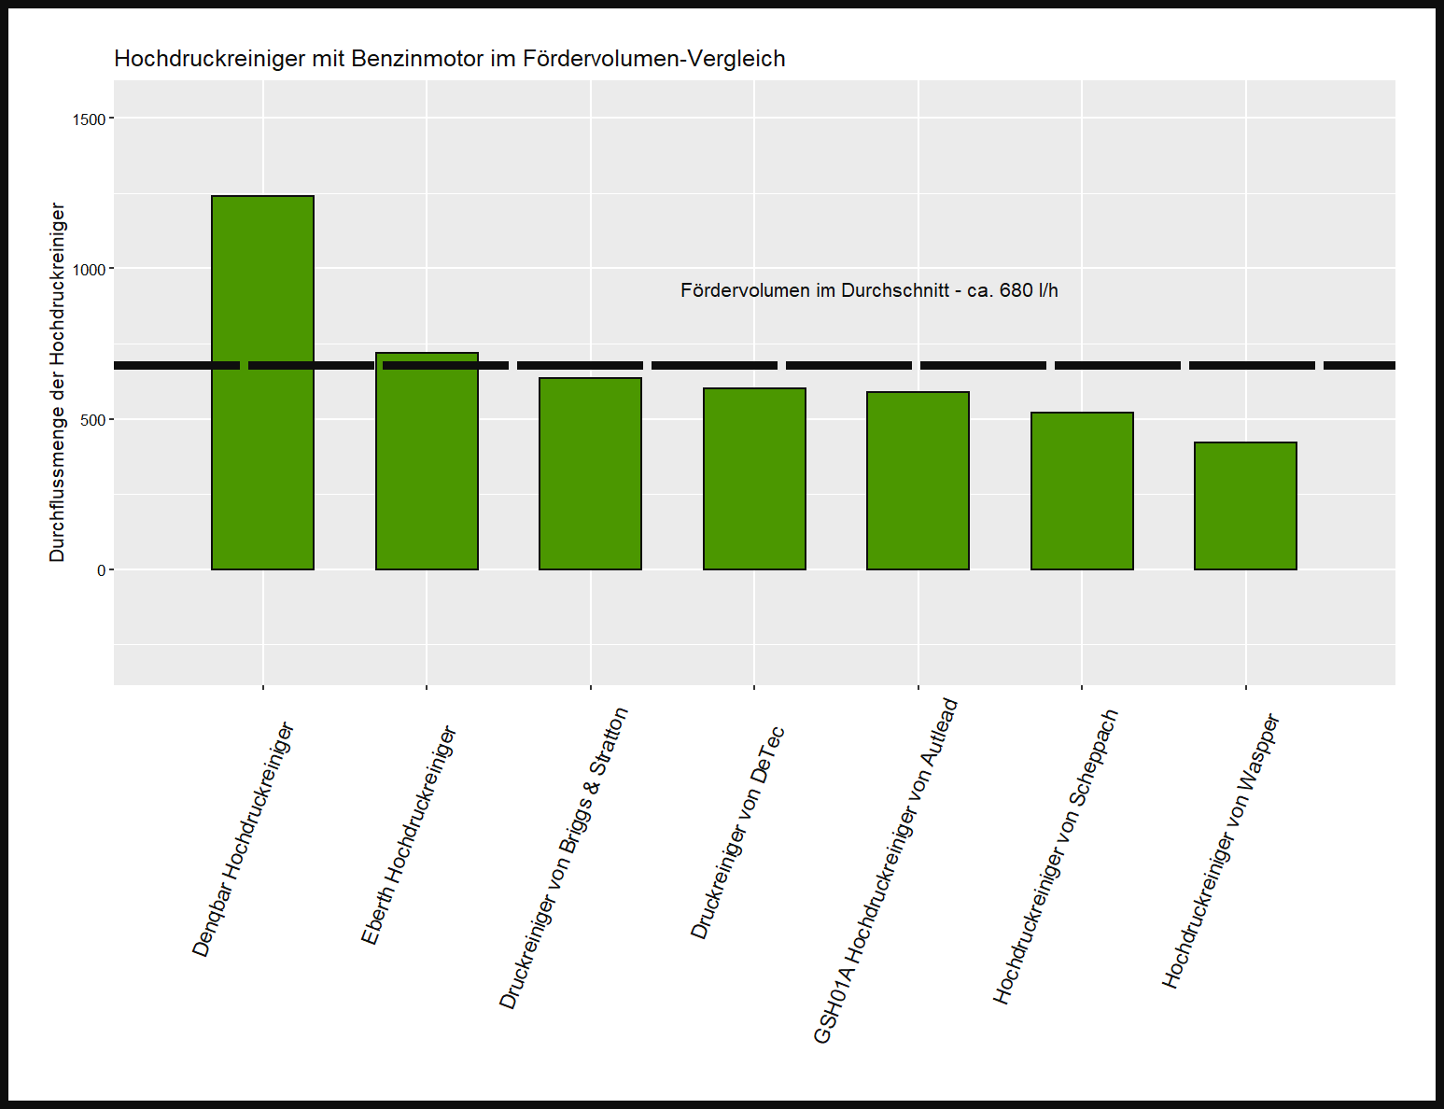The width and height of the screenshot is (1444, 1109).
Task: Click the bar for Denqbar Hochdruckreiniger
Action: (262, 383)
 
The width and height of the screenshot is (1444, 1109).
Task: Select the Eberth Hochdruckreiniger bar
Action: (427, 461)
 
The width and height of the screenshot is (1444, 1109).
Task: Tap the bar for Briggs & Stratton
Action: (590, 473)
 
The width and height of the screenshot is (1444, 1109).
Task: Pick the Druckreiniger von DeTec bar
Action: (754, 479)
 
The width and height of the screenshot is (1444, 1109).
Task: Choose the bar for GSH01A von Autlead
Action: (918, 481)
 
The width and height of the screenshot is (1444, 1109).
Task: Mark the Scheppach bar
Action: (1082, 491)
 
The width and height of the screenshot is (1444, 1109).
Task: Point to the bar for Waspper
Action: (1245, 506)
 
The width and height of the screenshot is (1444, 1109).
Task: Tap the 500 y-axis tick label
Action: (94, 420)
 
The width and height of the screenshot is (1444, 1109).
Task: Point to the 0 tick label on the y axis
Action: (102, 570)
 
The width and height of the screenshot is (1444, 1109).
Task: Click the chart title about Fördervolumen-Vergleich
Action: (449, 59)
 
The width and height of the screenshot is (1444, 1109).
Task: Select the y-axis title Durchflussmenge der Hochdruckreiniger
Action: (58, 383)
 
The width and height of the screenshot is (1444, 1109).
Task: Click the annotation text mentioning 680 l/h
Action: (869, 290)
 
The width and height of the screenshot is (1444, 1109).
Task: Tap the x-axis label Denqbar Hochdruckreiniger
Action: (244, 840)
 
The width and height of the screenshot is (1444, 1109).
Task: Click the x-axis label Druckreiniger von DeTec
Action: (737, 833)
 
